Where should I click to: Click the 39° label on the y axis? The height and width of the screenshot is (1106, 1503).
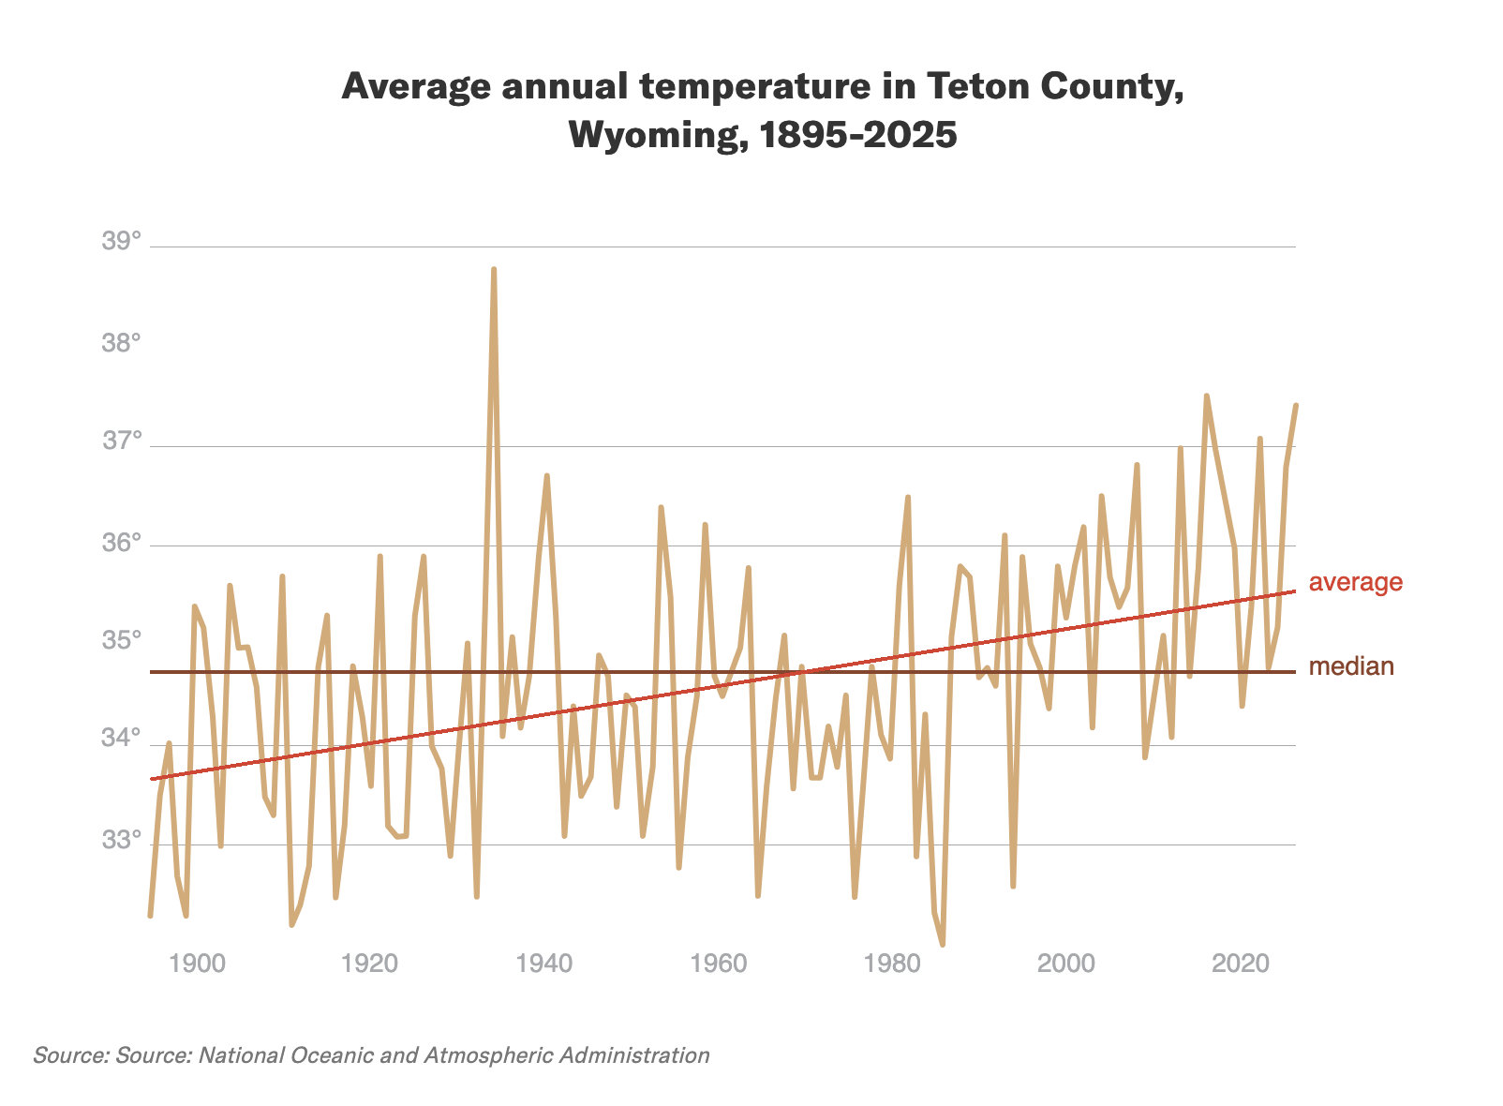pyautogui.click(x=121, y=242)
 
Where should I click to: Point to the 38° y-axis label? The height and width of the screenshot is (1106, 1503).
pyautogui.click(x=121, y=343)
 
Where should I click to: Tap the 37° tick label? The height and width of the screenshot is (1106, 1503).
pyautogui.click(x=121, y=441)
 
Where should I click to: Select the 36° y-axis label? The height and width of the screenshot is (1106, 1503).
pyautogui.click(x=121, y=543)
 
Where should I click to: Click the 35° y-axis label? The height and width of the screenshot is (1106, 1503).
pyautogui.click(x=121, y=641)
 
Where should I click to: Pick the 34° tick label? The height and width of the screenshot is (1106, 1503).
pyautogui.click(x=121, y=740)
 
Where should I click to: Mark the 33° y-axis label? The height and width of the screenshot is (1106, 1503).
pyautogui.click(x=121, y=840)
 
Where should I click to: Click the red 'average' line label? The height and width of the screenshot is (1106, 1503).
pyautogui.click(x=1355, y=582)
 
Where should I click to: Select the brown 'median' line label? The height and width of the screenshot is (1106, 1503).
pyautogui.click(x=1351, y=666)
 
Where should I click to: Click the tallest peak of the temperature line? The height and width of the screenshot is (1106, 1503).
pyautogui.click(x=494, y=269)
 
